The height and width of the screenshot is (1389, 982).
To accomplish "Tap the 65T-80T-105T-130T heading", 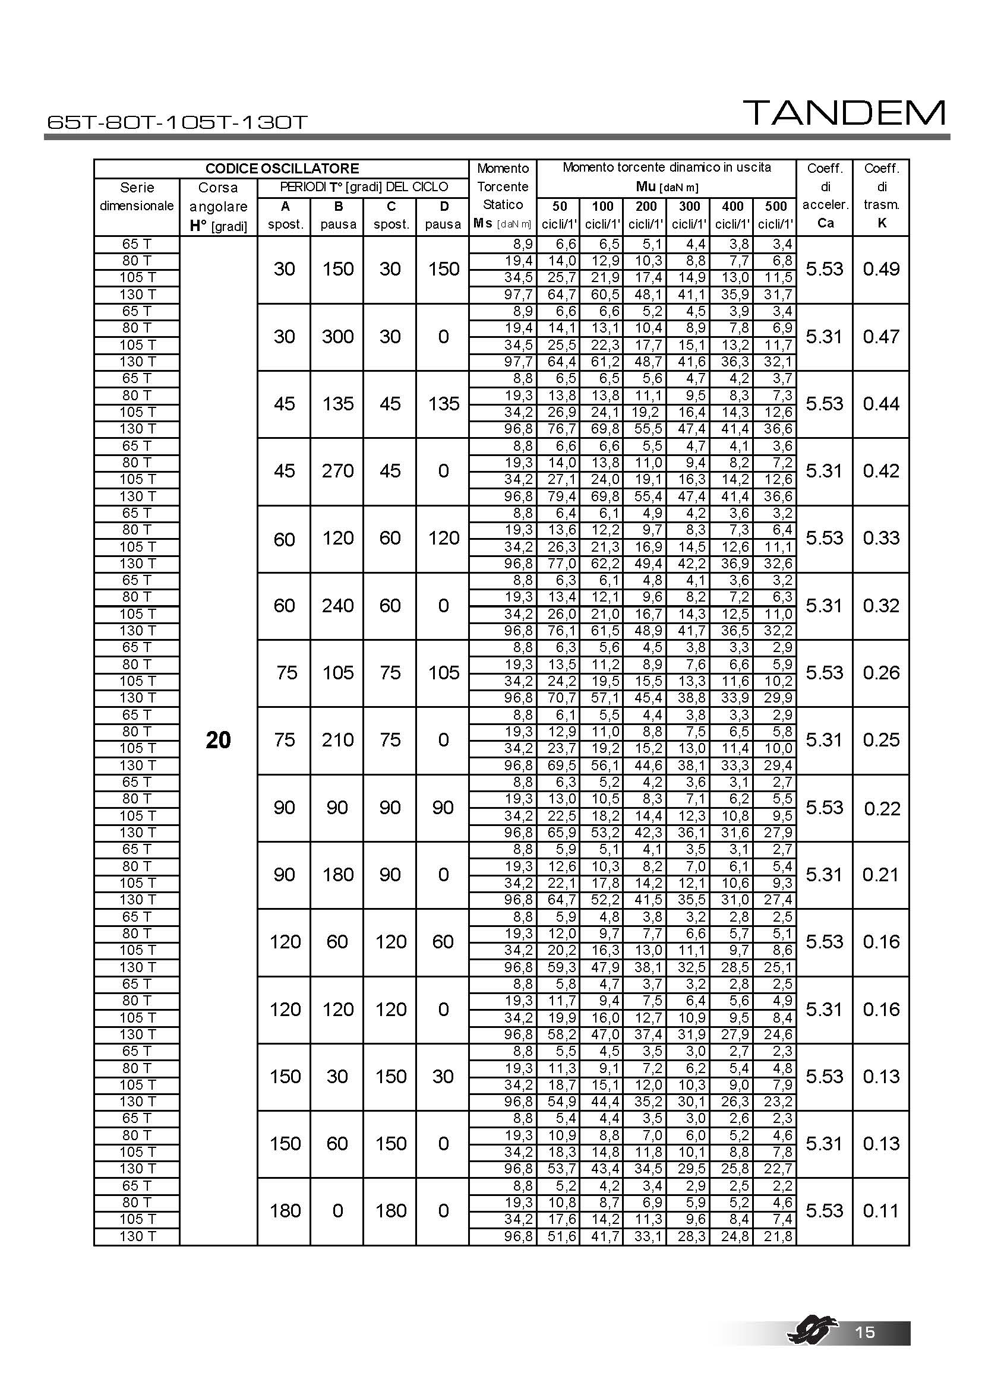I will (177, 123).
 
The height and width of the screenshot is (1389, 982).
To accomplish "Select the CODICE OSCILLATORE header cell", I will (282, 169).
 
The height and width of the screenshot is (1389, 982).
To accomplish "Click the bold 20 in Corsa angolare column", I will (219, 740).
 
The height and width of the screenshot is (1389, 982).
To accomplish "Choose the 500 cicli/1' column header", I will (776, 216).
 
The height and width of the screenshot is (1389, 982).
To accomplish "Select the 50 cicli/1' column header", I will (560, 216).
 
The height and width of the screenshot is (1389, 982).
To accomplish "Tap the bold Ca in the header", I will (825, 223).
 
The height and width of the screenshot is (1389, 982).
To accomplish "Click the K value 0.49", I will (881, 269).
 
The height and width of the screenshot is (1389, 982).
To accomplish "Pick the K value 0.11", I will (881, 1210).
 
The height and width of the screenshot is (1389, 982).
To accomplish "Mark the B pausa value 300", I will (337, 336).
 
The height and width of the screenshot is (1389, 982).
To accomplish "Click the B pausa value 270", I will (337, 471).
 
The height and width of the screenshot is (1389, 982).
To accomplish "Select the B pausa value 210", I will (337, 740).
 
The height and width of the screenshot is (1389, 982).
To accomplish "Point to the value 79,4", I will (562, 496).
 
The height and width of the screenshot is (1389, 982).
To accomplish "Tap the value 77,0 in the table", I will (562, 564).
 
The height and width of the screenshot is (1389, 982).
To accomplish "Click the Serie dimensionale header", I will (137, 197).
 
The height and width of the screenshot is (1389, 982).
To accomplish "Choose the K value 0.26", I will (881, 673).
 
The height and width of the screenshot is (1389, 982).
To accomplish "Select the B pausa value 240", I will (337, 606).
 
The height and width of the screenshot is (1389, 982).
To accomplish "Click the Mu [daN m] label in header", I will (667, 187).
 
